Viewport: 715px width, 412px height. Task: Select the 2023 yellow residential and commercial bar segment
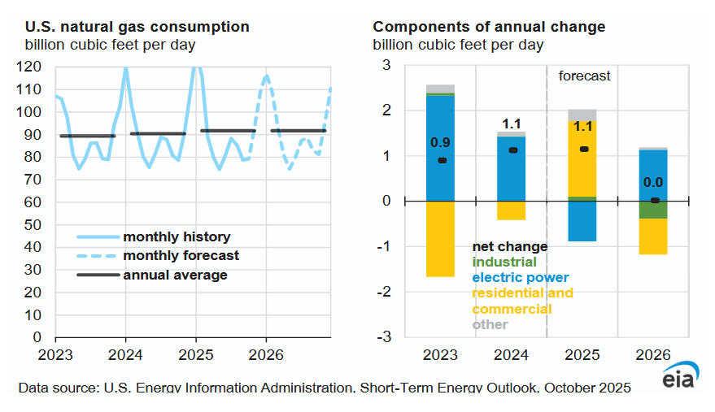coord(440,238)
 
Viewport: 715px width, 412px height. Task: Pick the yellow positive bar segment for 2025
coord(582,158)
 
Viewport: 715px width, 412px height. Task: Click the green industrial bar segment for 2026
coord(653,209)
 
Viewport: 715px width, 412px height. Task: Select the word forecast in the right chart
coord(584,76)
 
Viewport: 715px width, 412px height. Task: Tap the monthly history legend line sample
coord(97,237)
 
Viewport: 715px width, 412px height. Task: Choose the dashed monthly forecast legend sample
coord(97,256)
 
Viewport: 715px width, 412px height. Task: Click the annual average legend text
coord(175,275)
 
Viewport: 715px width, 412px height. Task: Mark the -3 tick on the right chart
coord(386,336)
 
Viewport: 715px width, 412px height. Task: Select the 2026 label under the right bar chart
coord(653,355)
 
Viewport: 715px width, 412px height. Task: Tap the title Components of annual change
coord(489,27)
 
